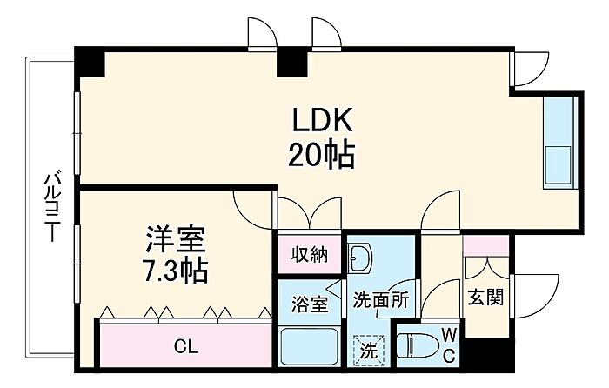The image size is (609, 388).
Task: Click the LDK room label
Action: (323, 120)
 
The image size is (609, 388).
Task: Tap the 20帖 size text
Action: (322, 155)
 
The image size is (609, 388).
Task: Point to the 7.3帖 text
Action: (176, 271)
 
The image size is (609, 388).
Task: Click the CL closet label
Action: (186, 346)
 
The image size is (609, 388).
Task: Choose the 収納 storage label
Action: (310, 255)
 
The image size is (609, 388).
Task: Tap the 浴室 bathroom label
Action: (310, 304)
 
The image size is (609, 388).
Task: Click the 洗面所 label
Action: (381, 300)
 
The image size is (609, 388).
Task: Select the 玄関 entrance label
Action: (485, 298)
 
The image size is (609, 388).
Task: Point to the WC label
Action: (449, 345)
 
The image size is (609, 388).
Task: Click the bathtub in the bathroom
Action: (309, 346)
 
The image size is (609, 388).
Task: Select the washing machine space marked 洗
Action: (369, 351)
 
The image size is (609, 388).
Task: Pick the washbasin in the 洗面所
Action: (359, 258)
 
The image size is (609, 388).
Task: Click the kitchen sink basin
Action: (559, 165)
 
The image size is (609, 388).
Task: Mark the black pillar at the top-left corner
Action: (90, 62)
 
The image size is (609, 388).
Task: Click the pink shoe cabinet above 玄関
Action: (485, 245)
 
